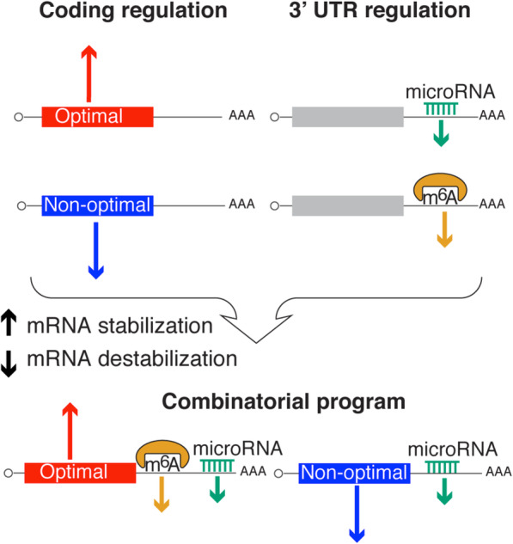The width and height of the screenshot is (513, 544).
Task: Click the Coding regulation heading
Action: [x=133, y=11]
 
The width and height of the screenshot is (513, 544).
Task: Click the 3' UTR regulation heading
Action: [x=380, y=10]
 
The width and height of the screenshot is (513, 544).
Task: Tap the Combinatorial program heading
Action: [x=284, y=402]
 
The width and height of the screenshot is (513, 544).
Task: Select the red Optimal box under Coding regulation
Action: [x=97, y=117]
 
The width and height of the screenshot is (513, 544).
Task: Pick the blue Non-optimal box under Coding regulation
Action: [x=97, y=205]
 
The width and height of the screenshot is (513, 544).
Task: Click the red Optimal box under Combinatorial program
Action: [x=80, y=473]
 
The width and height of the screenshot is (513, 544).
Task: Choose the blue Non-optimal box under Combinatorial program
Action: [x=355, y=474]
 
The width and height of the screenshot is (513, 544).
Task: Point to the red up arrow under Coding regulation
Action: [x=89, y=74]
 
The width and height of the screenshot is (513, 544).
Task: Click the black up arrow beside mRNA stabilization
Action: [x=9, y=323]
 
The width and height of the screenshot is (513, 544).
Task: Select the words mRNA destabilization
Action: [x=132, y=358]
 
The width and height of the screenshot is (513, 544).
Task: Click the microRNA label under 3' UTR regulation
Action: [x=450, y=92]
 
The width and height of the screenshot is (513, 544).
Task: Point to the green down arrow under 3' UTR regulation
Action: [x=441, y=133]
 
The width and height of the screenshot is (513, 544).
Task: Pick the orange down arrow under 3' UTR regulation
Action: [x=444, y=229]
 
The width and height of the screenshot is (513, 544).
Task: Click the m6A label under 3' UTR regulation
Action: [x=441, y=198]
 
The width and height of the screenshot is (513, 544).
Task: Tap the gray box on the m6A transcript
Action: [x=347, y=205]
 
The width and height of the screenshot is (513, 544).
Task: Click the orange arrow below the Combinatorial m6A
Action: [x=162, y=494]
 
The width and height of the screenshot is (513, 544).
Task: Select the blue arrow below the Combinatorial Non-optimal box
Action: [x=357, y=514]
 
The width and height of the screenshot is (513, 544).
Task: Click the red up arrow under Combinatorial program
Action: [x=70, y=431]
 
